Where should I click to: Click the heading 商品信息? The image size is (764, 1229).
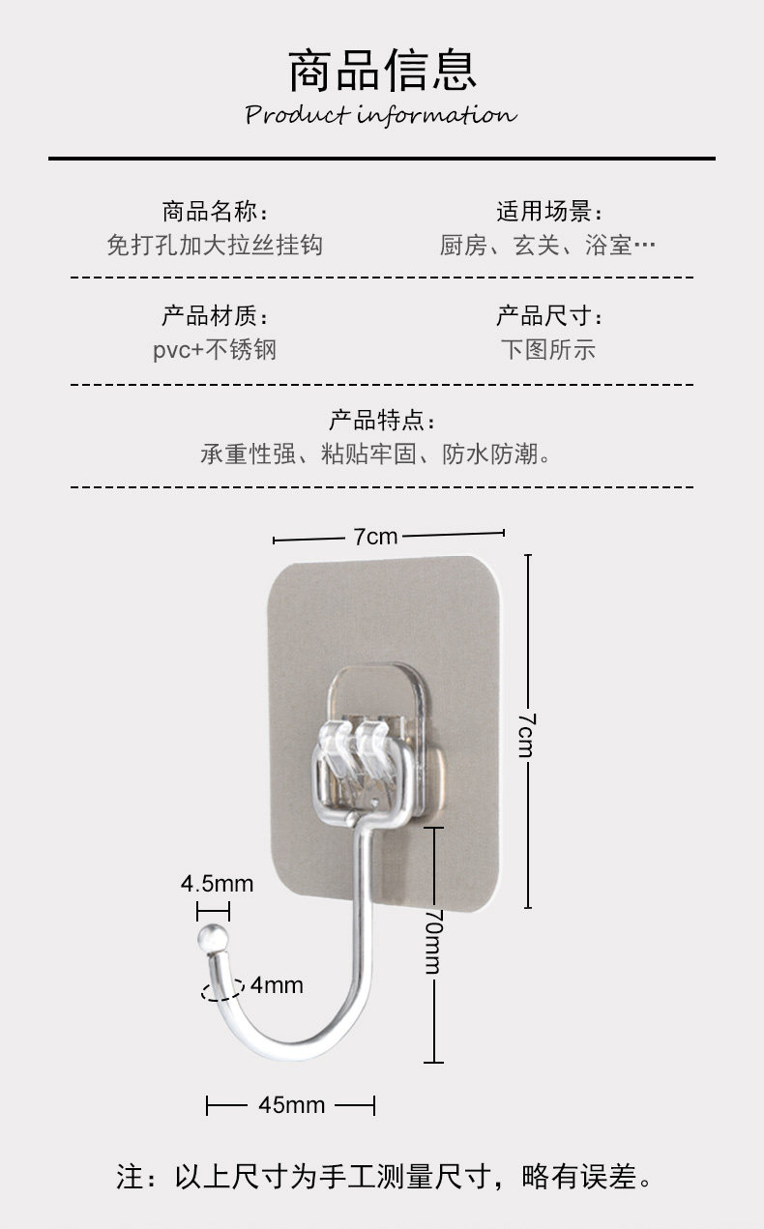tap(382, 71)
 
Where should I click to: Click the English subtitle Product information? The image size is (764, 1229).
tap(381, 116)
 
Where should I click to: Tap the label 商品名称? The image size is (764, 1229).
tap(215, 211)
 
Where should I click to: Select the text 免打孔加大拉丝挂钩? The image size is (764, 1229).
tap(215, 245)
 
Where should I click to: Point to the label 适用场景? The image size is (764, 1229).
tap(549, 211)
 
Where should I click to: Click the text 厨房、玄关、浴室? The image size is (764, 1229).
tap(547, 245)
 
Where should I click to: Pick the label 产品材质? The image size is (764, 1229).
tap(215, 315)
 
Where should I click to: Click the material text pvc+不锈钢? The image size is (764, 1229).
tap(215, 349)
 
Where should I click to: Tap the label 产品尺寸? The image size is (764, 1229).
tap(549, 315)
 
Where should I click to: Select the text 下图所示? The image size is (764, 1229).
tap(548, 349)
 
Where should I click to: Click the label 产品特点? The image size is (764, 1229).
tap(382, 420)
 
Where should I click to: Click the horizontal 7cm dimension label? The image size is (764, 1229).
tap(375, 536)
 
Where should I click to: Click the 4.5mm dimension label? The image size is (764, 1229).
tap(217, 883)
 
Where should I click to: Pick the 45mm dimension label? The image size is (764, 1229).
tap(292, 1104)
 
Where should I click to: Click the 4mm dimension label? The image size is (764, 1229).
tap(277, 985)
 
